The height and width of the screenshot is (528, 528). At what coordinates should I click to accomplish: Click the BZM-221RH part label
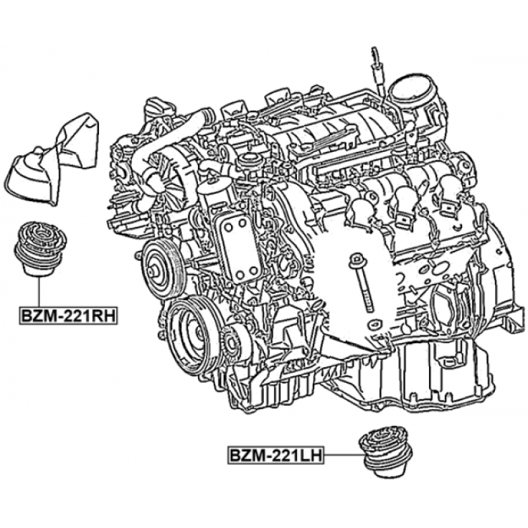click(69, 316)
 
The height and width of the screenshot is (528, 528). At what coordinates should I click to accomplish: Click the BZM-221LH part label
click(275, 455)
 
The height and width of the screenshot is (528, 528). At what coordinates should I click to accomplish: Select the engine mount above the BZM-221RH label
click(41, 249)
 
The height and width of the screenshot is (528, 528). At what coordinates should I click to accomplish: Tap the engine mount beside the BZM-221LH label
click(385, 451)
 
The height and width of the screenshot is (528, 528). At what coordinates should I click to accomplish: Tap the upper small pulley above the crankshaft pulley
click(162, 269)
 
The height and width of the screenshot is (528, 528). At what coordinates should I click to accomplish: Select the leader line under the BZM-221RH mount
click(39, 292)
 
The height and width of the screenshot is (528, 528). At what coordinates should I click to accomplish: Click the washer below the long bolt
click(374, 325)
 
